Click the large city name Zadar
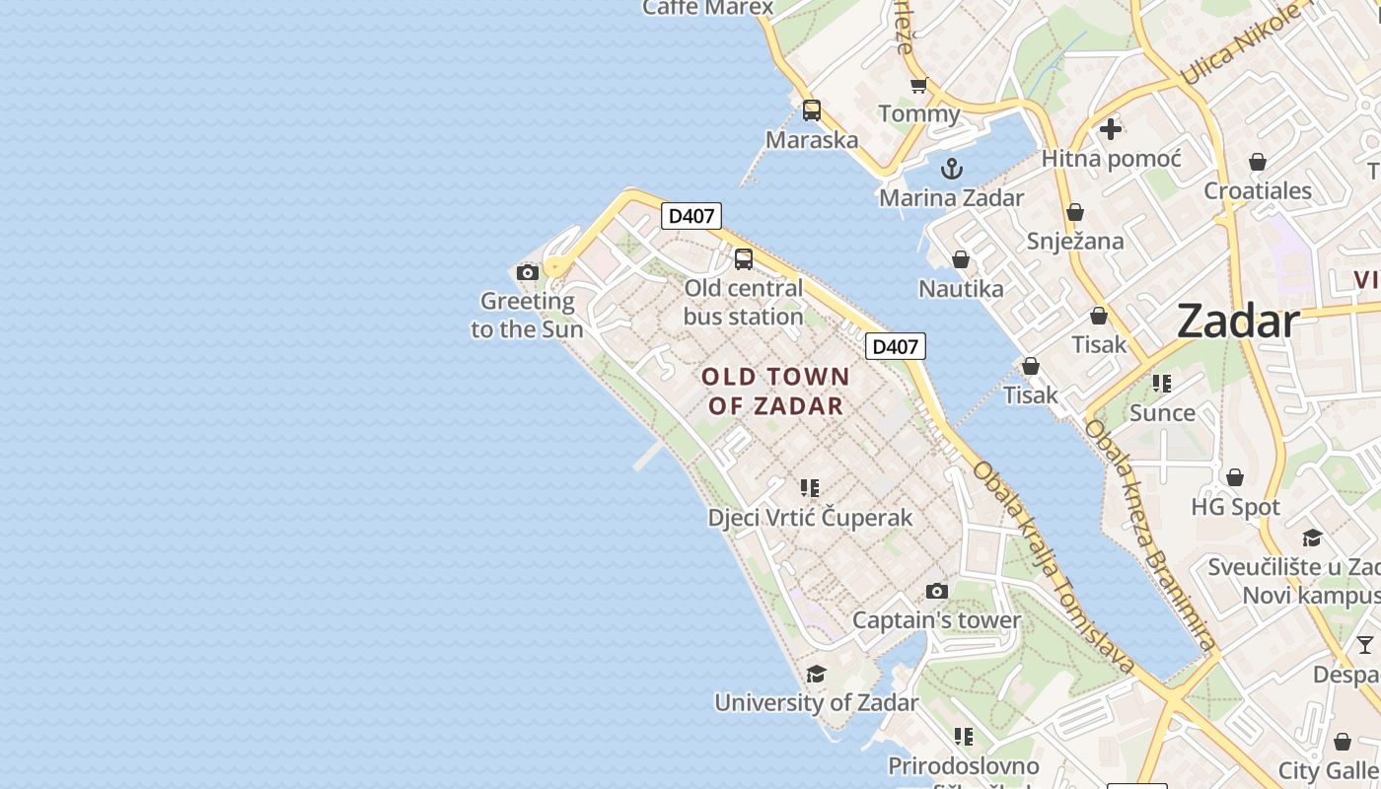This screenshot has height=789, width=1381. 1238,322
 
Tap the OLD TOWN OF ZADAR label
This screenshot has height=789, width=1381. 775,391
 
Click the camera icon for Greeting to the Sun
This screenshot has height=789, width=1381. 528,272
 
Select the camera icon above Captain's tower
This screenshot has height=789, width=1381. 936,592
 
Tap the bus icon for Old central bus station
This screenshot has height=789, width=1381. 743,259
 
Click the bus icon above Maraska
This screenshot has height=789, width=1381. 812,110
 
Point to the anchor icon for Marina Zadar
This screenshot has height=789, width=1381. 951,169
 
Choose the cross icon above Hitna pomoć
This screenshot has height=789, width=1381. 1111,129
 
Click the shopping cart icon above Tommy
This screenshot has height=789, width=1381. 918,86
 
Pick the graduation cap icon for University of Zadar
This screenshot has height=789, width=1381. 816,675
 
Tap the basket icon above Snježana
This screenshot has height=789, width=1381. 1075,212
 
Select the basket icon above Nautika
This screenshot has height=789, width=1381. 961,259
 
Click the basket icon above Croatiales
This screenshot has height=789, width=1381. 1258,162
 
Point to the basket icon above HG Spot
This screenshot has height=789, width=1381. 1235,478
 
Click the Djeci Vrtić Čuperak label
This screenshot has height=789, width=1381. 810,517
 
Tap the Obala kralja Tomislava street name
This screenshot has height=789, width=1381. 1054,568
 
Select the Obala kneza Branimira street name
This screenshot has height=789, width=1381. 1148,536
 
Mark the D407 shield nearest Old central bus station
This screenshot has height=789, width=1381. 691,216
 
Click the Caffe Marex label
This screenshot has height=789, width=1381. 708,8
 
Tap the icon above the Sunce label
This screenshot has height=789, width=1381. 1162,384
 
